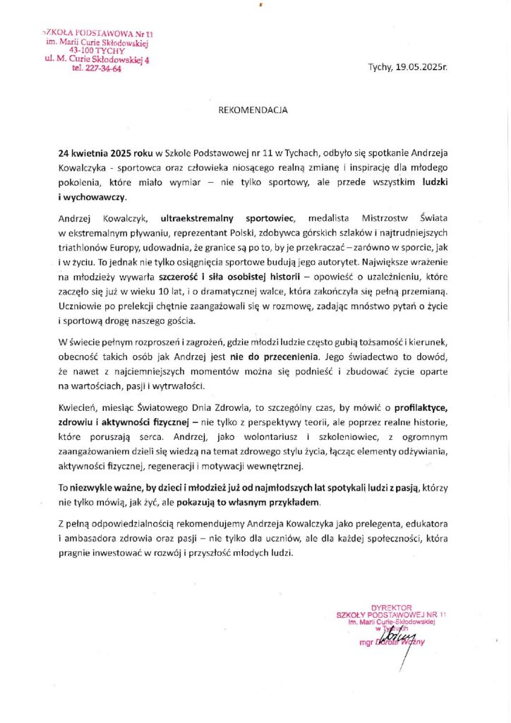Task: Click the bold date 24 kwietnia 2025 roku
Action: pyautogui.click(x=105, y=153)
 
